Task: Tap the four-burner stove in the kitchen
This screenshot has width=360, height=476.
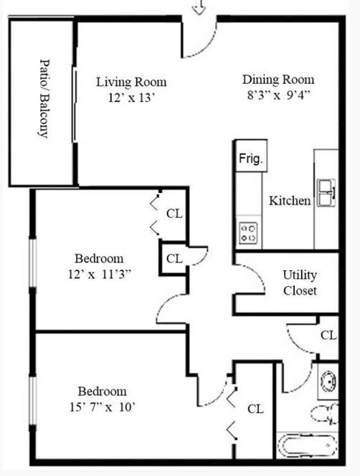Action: pos(249,232)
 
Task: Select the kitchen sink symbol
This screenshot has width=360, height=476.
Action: pos(327,191)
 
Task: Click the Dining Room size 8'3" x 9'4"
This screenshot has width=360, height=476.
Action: pos(278,94)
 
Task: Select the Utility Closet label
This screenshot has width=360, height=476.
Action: pos(300,283)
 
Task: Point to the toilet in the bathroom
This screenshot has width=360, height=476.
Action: pos(325,414)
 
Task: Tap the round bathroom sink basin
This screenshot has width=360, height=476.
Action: pos(328,380)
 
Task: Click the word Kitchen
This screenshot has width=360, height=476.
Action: pos(290,201)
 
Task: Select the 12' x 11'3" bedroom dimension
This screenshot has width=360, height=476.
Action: pos(99,273)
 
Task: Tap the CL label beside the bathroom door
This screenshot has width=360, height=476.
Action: pos(328,335)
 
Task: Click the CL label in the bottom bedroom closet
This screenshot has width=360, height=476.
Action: pos(255,409)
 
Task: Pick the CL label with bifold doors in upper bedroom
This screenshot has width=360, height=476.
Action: pos(174,213)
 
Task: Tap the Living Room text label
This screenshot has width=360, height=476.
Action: pos(131,81)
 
